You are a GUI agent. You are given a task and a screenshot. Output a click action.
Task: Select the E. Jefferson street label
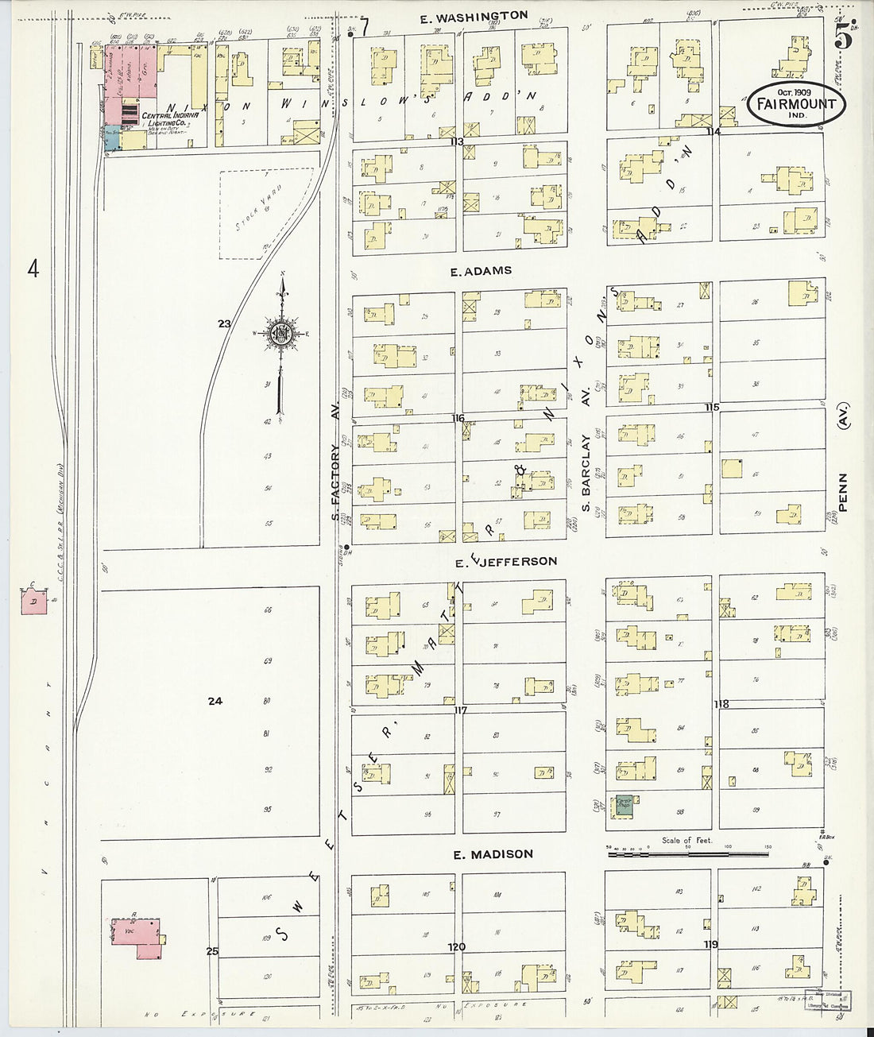[506, 561]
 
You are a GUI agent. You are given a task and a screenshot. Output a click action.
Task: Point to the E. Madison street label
[493, 854]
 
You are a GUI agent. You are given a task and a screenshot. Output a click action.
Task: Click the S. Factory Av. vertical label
[335, 482]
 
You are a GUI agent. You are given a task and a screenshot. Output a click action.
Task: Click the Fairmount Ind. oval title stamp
[795, 104]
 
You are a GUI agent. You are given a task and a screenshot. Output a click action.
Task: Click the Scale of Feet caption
[688, 840]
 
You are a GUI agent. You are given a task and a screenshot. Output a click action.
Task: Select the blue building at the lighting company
[112, 138]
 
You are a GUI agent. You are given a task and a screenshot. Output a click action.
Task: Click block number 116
[458, 418]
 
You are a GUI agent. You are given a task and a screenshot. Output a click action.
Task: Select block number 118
[721, 704]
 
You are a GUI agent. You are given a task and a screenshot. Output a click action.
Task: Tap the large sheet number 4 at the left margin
[33, 269]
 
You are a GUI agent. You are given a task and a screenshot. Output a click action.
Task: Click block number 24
[214, 701]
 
